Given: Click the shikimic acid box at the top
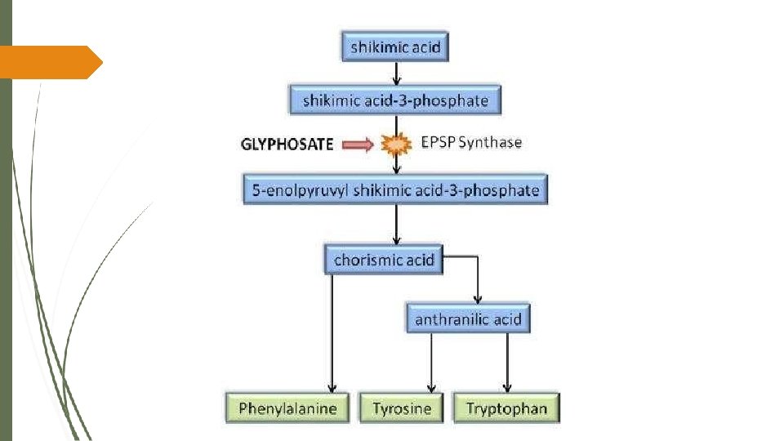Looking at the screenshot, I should coord(395,47).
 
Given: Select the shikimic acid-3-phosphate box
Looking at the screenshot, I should coord(395,100).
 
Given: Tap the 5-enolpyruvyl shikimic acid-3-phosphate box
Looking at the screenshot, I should coord(395,190).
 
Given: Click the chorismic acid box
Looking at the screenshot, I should coord(384,261).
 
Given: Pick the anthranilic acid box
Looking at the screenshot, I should coord(468,318).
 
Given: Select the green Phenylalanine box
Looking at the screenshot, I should coord(287,408).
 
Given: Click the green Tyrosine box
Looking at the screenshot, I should coord(401,408).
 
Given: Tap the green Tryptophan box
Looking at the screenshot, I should coord(506,408).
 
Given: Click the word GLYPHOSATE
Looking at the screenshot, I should coord(287,145).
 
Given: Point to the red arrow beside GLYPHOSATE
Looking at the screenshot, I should coord(357,145).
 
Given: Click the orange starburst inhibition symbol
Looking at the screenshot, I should coord(396,145).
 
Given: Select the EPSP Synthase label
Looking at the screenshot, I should coord(471,142).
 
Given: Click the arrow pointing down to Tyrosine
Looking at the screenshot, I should coord(432,363).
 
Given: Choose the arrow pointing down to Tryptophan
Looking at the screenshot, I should coord(507,363).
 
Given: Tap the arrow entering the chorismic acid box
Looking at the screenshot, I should coord(396,225).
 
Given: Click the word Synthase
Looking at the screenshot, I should coord(490,142).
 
